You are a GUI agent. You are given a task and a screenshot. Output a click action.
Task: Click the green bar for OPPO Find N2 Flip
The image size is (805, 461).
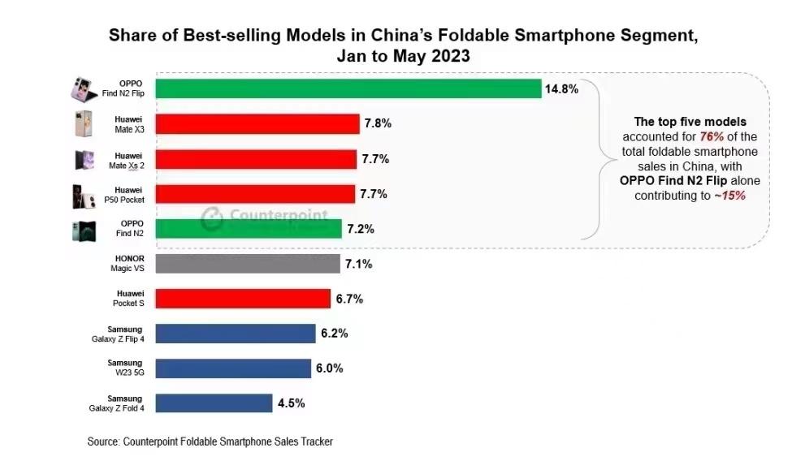[348, 88]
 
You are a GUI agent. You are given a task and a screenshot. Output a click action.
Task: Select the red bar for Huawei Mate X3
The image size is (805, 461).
[257, 124]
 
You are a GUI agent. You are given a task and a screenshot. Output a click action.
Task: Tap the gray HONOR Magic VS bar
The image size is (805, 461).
[247, 264]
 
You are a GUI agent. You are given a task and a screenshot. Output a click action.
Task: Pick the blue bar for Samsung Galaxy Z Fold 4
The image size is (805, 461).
[213, 403]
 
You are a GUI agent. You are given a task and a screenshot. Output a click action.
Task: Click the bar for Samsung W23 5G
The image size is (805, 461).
[232, 368]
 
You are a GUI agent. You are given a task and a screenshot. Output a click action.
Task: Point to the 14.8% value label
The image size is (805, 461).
[562, 89]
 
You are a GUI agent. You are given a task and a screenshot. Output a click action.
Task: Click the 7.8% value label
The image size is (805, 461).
[379, 124]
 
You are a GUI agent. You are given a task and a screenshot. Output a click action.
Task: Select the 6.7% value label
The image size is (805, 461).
[349, 299]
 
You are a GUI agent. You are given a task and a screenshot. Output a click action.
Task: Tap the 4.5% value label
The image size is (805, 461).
[291, 403]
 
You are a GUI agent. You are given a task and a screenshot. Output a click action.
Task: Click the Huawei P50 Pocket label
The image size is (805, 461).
[128, 194]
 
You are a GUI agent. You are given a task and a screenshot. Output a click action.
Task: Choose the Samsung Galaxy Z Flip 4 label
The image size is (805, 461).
[117, 334]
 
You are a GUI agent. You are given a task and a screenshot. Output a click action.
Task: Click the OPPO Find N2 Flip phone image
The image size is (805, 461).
[84, 88]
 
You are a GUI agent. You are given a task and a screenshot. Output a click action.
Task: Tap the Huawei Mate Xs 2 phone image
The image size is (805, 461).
[84, 159]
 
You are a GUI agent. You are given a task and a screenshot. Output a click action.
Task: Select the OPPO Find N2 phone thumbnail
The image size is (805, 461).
[84, 230]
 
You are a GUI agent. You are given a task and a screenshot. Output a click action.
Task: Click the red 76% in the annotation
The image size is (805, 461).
[711, 136]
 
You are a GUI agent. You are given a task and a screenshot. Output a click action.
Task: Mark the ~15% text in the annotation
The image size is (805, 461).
[729, 196]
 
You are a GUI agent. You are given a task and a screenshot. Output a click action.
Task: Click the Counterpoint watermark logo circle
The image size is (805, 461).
[212, 218]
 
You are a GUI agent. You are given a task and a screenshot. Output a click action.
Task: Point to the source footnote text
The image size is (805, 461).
[210, 442]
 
